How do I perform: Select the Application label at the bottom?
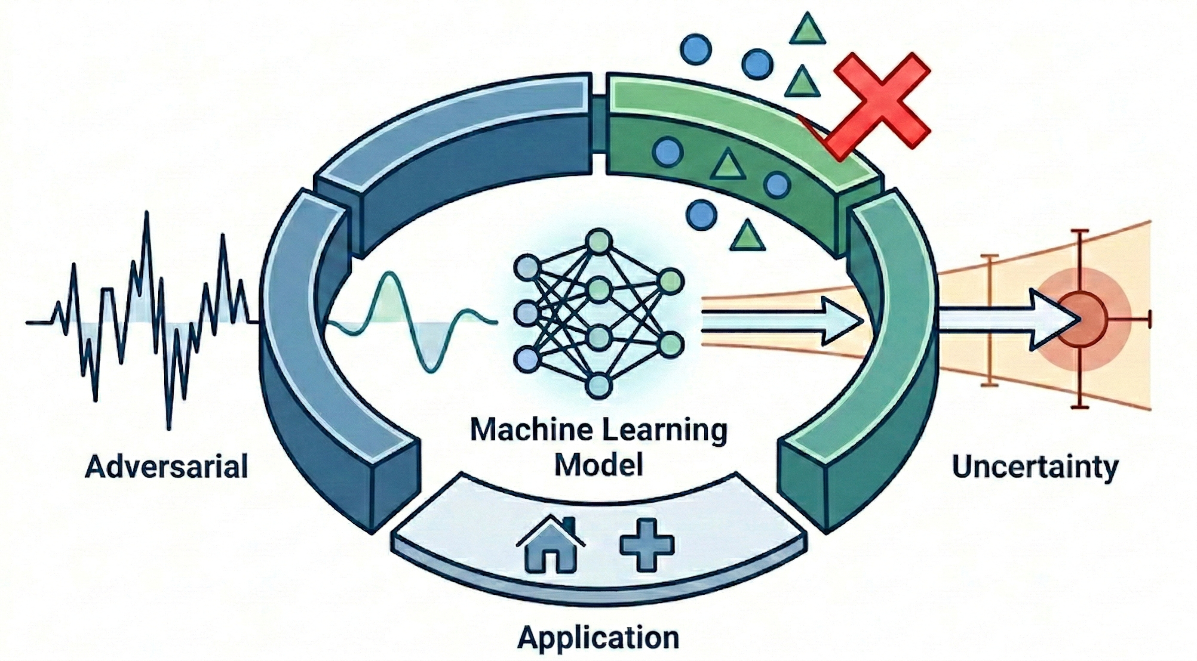tap(598, 636)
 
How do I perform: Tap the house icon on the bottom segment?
tap(551, 556)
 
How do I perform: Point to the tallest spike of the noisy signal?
tap(147, 219)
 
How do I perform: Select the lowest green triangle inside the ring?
tap(747, 236)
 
